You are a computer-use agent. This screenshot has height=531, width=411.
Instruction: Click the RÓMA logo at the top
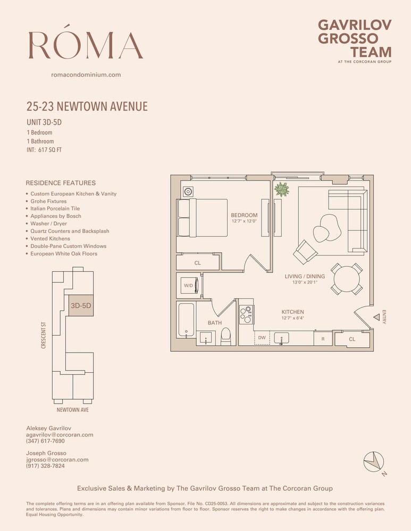tap(86, 45)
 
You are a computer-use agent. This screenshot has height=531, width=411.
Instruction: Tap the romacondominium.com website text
tap(86, 75)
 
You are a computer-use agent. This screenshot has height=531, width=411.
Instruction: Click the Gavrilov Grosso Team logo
tap(354, 40)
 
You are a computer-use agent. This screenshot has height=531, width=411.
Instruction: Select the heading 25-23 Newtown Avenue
tap(87, 107)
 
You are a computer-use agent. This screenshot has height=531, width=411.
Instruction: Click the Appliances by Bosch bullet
tap(56, 216)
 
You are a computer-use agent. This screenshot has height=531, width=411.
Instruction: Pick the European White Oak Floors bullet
tap(64, 254)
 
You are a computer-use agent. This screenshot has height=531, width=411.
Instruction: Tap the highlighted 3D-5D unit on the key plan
tap(81, 306)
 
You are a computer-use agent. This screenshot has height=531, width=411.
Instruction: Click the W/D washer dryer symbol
tap(189, 286)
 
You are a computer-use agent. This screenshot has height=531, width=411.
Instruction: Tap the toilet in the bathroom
tap(225, 336)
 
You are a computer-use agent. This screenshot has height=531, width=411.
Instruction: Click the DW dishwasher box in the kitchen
tap(262, 337)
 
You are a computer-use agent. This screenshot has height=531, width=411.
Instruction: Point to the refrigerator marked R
tap(322, 338)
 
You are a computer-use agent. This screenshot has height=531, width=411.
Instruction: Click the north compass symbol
tap(374, 461)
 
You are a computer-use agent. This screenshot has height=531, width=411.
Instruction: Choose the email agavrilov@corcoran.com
tap(60, 434)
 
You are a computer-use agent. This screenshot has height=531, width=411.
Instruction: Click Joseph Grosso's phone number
tap(45, 466)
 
